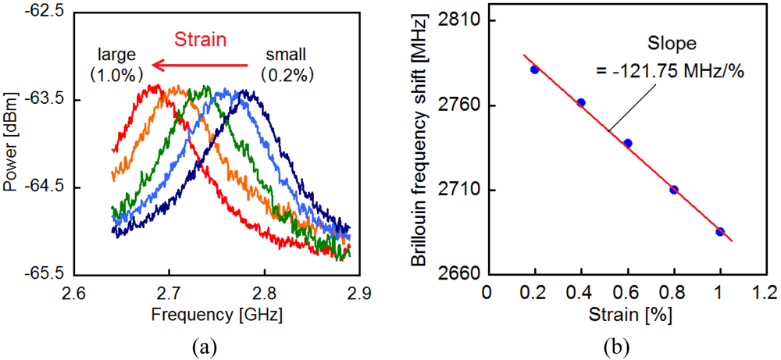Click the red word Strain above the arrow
coord(200,39)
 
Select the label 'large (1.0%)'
coord(117,65)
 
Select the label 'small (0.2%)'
coord(287,65)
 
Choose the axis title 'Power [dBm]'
coord(11,143)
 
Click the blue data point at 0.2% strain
coord(534,70)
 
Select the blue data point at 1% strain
coord(720,231)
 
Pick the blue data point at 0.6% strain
coord(628,143)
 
